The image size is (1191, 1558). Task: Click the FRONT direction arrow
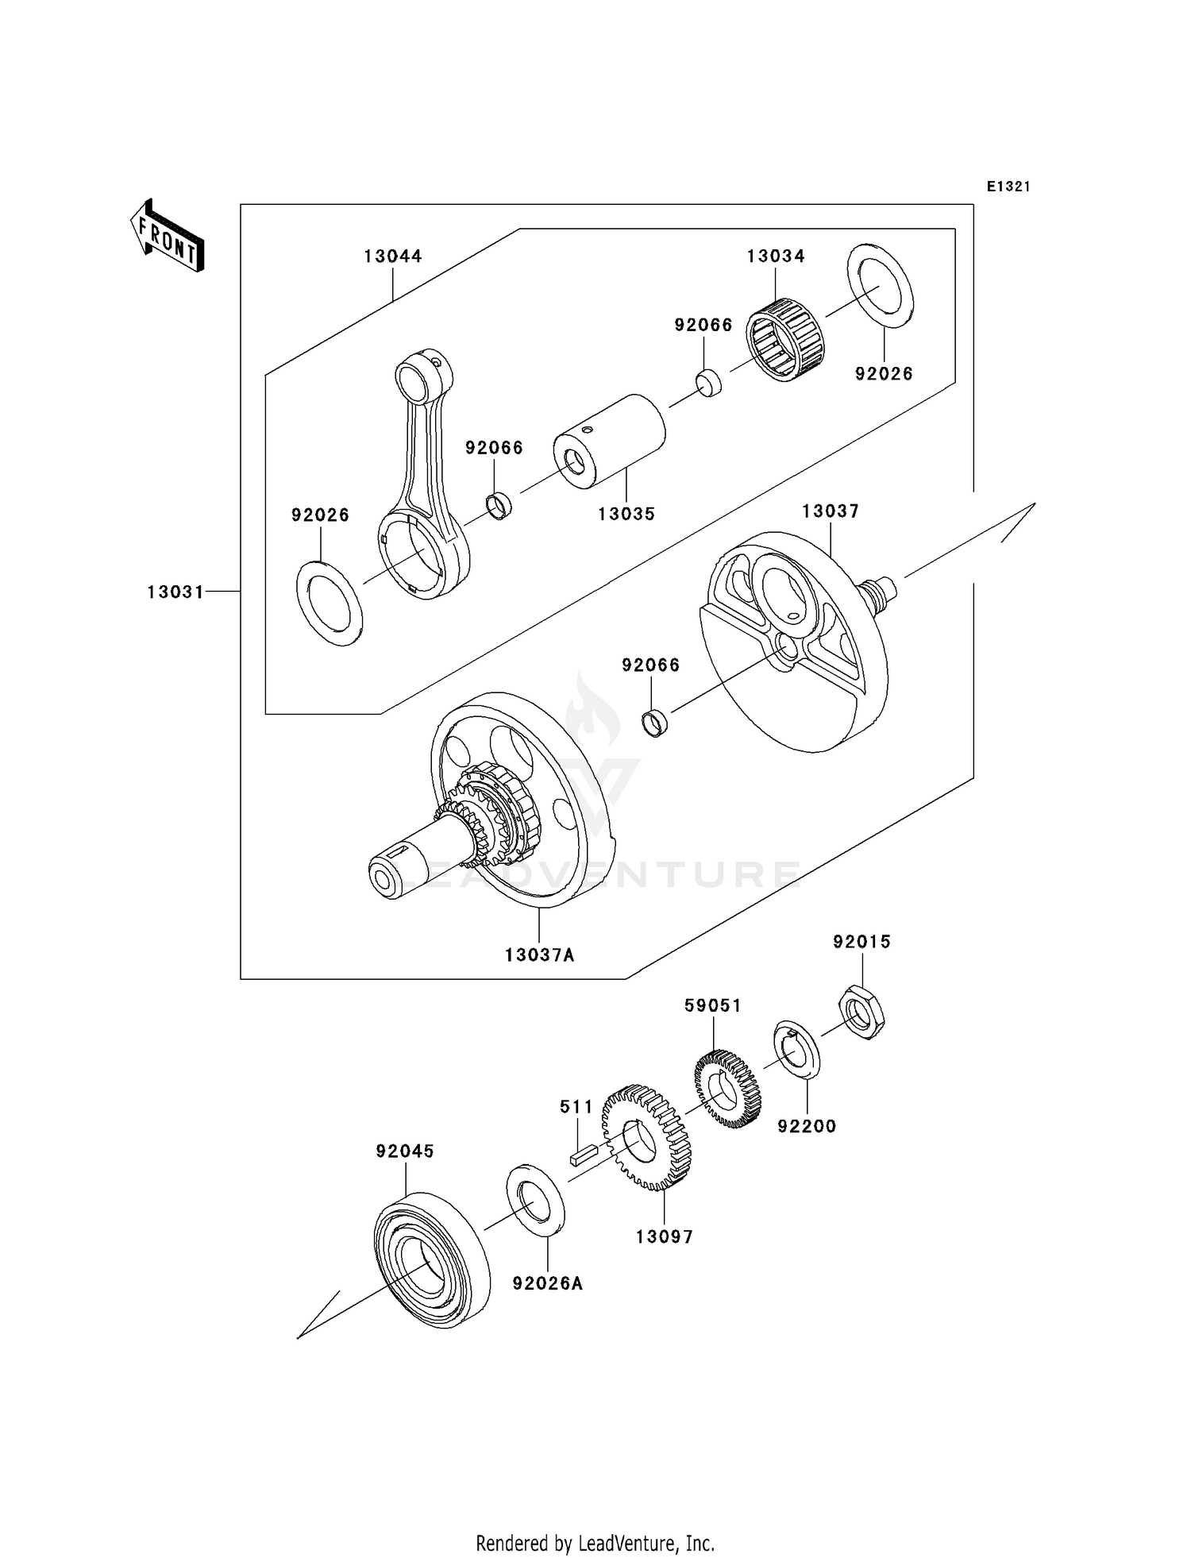pos(168,236)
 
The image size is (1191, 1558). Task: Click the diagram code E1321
pos(1008,187)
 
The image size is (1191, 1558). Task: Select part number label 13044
pos(393,256)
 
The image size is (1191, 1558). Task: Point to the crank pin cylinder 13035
pos(610,438)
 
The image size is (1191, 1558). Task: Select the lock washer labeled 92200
pos(796,1051)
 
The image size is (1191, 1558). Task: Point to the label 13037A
pos(539,955)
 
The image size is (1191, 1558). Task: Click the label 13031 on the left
pos(175,592)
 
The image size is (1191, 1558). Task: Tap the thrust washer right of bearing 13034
pos(881,286)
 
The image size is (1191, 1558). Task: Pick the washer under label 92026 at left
pos(330,603)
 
